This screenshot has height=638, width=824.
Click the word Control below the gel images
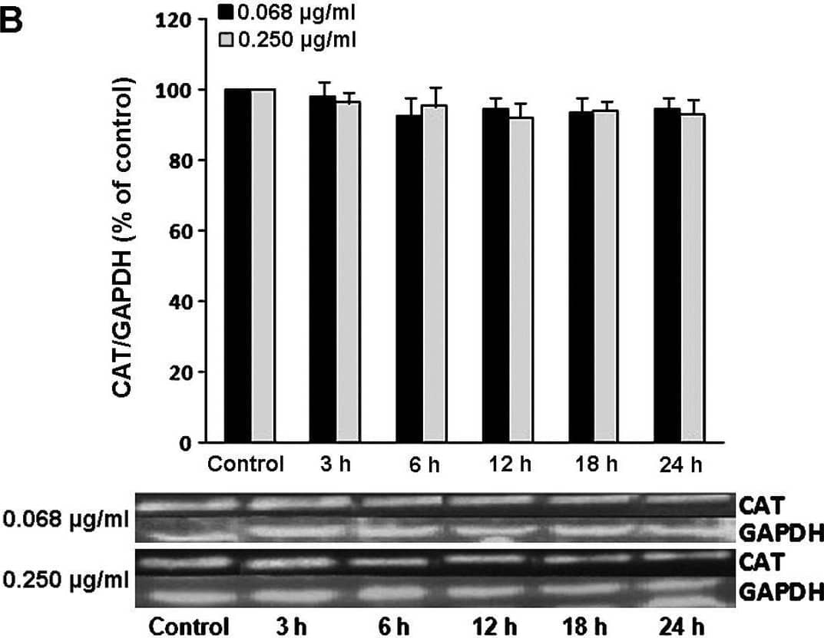click(189, 624)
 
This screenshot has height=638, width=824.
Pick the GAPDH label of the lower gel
click(779, 592)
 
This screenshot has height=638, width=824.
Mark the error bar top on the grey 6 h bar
click(436, 88)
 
